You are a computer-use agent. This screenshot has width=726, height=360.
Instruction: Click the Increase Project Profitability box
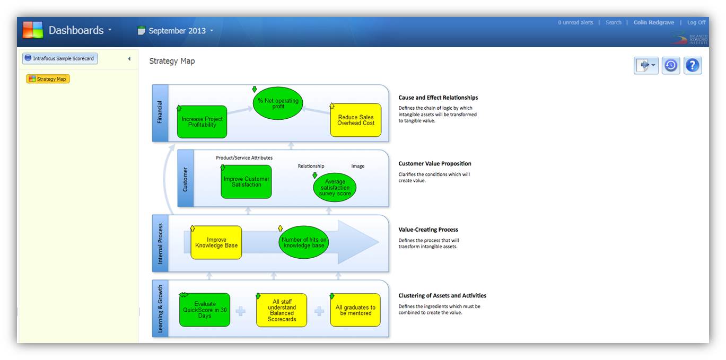pos(202,122)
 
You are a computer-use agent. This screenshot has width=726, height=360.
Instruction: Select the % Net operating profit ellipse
pos(278,103)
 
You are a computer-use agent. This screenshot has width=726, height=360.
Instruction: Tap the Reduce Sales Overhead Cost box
pos(356,120)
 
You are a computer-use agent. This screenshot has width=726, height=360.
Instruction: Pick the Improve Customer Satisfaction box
pos(246,182)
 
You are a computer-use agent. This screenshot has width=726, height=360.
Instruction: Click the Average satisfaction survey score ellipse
pos(335,188)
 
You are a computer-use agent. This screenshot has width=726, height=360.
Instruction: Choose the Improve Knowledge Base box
pos(216,243)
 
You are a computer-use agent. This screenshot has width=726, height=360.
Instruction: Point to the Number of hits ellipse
pos(304,243)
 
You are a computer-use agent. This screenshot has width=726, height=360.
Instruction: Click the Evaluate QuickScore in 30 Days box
pos(205,310)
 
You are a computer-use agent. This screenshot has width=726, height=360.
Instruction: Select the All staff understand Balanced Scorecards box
pos(282,310)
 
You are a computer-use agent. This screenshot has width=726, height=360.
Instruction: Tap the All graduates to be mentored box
pos(355,310)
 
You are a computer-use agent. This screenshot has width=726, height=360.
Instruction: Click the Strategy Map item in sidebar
pos(48,79)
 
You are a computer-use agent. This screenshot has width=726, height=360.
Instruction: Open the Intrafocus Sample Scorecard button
pos(60,58)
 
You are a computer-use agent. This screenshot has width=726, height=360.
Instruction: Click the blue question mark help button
pos(693,66)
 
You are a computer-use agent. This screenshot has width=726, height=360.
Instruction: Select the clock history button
pos(671,66)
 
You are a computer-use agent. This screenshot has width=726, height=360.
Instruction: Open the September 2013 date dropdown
pos(176,31)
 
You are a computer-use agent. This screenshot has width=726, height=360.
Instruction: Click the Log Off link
pos(696,23)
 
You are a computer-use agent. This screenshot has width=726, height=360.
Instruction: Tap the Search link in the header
pos(614,23)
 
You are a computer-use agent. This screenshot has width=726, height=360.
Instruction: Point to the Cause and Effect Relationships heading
pos(438,98)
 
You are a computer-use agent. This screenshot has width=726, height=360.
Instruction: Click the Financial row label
pos(160,112)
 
